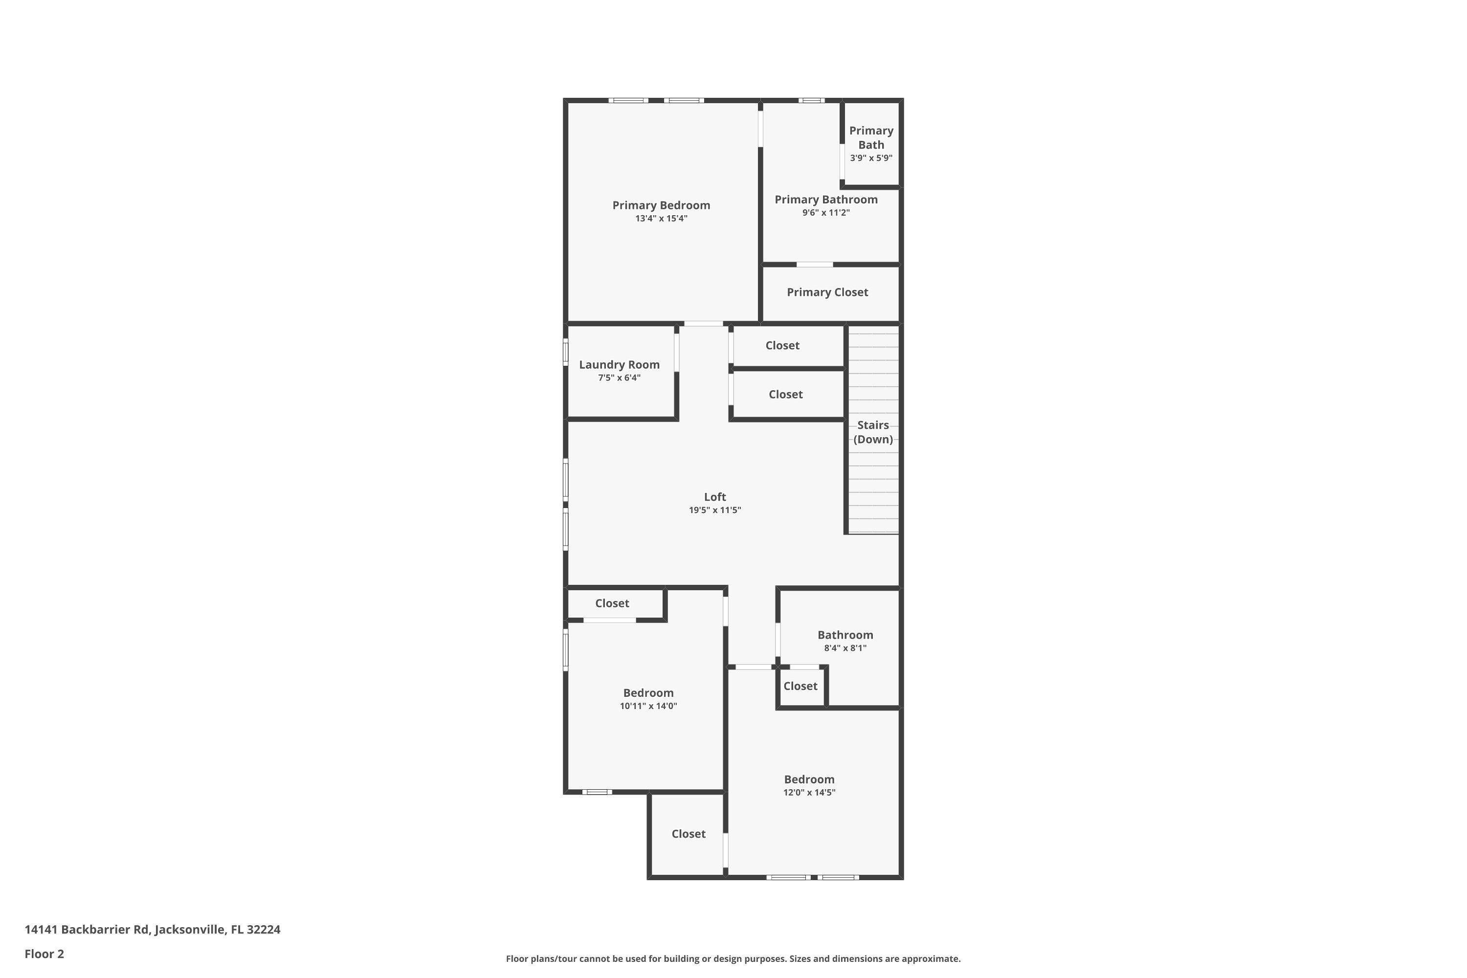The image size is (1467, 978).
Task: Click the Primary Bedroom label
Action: [x=661, y=205]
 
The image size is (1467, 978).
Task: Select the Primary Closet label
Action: [x=827, y=292]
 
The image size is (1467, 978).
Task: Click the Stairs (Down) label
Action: [x=872, y=432]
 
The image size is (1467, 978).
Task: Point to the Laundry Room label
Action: [x=619, y=365]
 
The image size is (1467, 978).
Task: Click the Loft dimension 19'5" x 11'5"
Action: [x=715, y=510]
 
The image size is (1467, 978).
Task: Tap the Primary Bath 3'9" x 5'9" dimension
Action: [x=871, y=158]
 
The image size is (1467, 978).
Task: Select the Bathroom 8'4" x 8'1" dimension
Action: [x=845, y=648]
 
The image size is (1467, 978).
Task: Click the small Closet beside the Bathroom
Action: [x=800, y=686]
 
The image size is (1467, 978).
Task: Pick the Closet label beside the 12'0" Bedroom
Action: [x=688, y=834]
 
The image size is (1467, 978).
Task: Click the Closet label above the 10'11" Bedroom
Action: [x=612, y=603]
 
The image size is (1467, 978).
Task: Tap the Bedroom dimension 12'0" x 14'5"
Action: [x=809, y=793]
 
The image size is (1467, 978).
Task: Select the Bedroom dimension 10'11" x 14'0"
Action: [x=648, y=706]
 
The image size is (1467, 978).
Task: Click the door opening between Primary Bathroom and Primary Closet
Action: [x=815, y=265]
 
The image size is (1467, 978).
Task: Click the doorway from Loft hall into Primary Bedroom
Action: [x=704, y=324]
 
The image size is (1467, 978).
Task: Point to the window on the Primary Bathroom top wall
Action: [x=811, y=100]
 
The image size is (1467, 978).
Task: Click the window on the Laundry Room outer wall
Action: [x=566, y=352]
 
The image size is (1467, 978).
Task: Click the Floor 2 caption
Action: [x=44, y=954]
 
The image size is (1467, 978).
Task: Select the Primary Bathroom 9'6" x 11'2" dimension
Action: [x=826, y=213]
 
